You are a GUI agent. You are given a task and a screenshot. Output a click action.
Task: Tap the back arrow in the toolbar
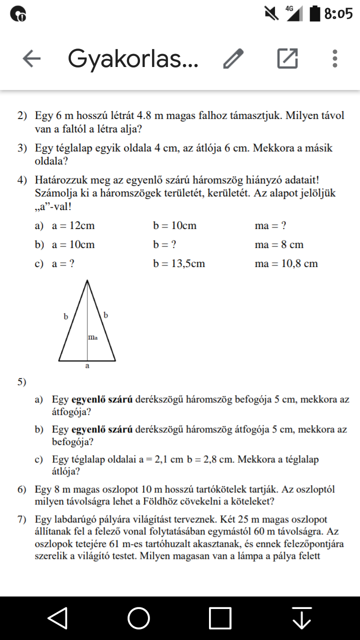(31, 59)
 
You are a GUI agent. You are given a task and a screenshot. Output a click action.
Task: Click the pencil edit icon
(233, 59)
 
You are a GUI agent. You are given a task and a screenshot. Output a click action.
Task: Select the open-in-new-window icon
(287, 59)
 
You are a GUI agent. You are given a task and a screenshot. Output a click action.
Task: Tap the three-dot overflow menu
(335, 59)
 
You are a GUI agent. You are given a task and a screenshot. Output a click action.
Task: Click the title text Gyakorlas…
(133, 59)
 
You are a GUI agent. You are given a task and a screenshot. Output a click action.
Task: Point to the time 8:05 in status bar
(338, 13)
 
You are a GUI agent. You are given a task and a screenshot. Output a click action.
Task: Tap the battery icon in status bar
(314, 13)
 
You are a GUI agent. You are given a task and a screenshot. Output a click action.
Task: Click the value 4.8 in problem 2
(139, 115)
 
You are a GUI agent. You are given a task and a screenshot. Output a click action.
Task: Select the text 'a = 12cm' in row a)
(73, 226)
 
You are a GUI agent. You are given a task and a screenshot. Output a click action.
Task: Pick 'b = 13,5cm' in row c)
(179, 263)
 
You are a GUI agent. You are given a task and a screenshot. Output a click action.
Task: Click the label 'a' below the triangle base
(87, 366)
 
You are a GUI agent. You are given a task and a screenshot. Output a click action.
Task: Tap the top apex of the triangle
(88, 281)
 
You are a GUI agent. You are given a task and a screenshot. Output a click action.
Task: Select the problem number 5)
(22, 382)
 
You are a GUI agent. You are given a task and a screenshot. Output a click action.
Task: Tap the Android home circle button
(139, 618)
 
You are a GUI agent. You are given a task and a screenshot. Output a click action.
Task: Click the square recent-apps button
(220, 618)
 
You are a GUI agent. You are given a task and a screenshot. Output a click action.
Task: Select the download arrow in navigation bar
(301, 618)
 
